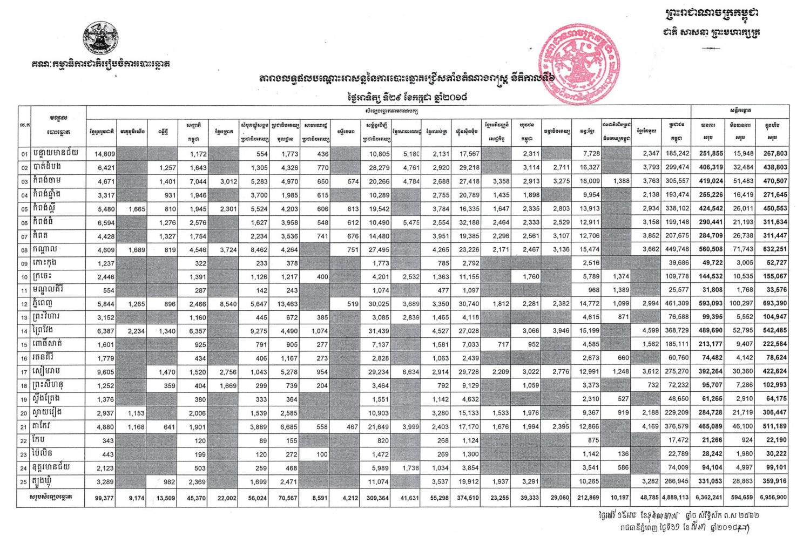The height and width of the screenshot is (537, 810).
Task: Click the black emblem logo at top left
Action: [102, 38]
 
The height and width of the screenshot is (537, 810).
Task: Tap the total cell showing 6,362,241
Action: [708, 498]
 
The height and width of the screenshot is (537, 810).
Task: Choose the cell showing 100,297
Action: [741, 304]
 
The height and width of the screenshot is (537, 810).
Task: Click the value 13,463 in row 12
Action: [286, 304]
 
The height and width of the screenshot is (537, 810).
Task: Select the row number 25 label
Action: [24, 481]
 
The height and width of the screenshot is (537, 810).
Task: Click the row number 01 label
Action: [24, 154]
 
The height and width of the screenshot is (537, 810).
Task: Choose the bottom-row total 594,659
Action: [741, 498]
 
